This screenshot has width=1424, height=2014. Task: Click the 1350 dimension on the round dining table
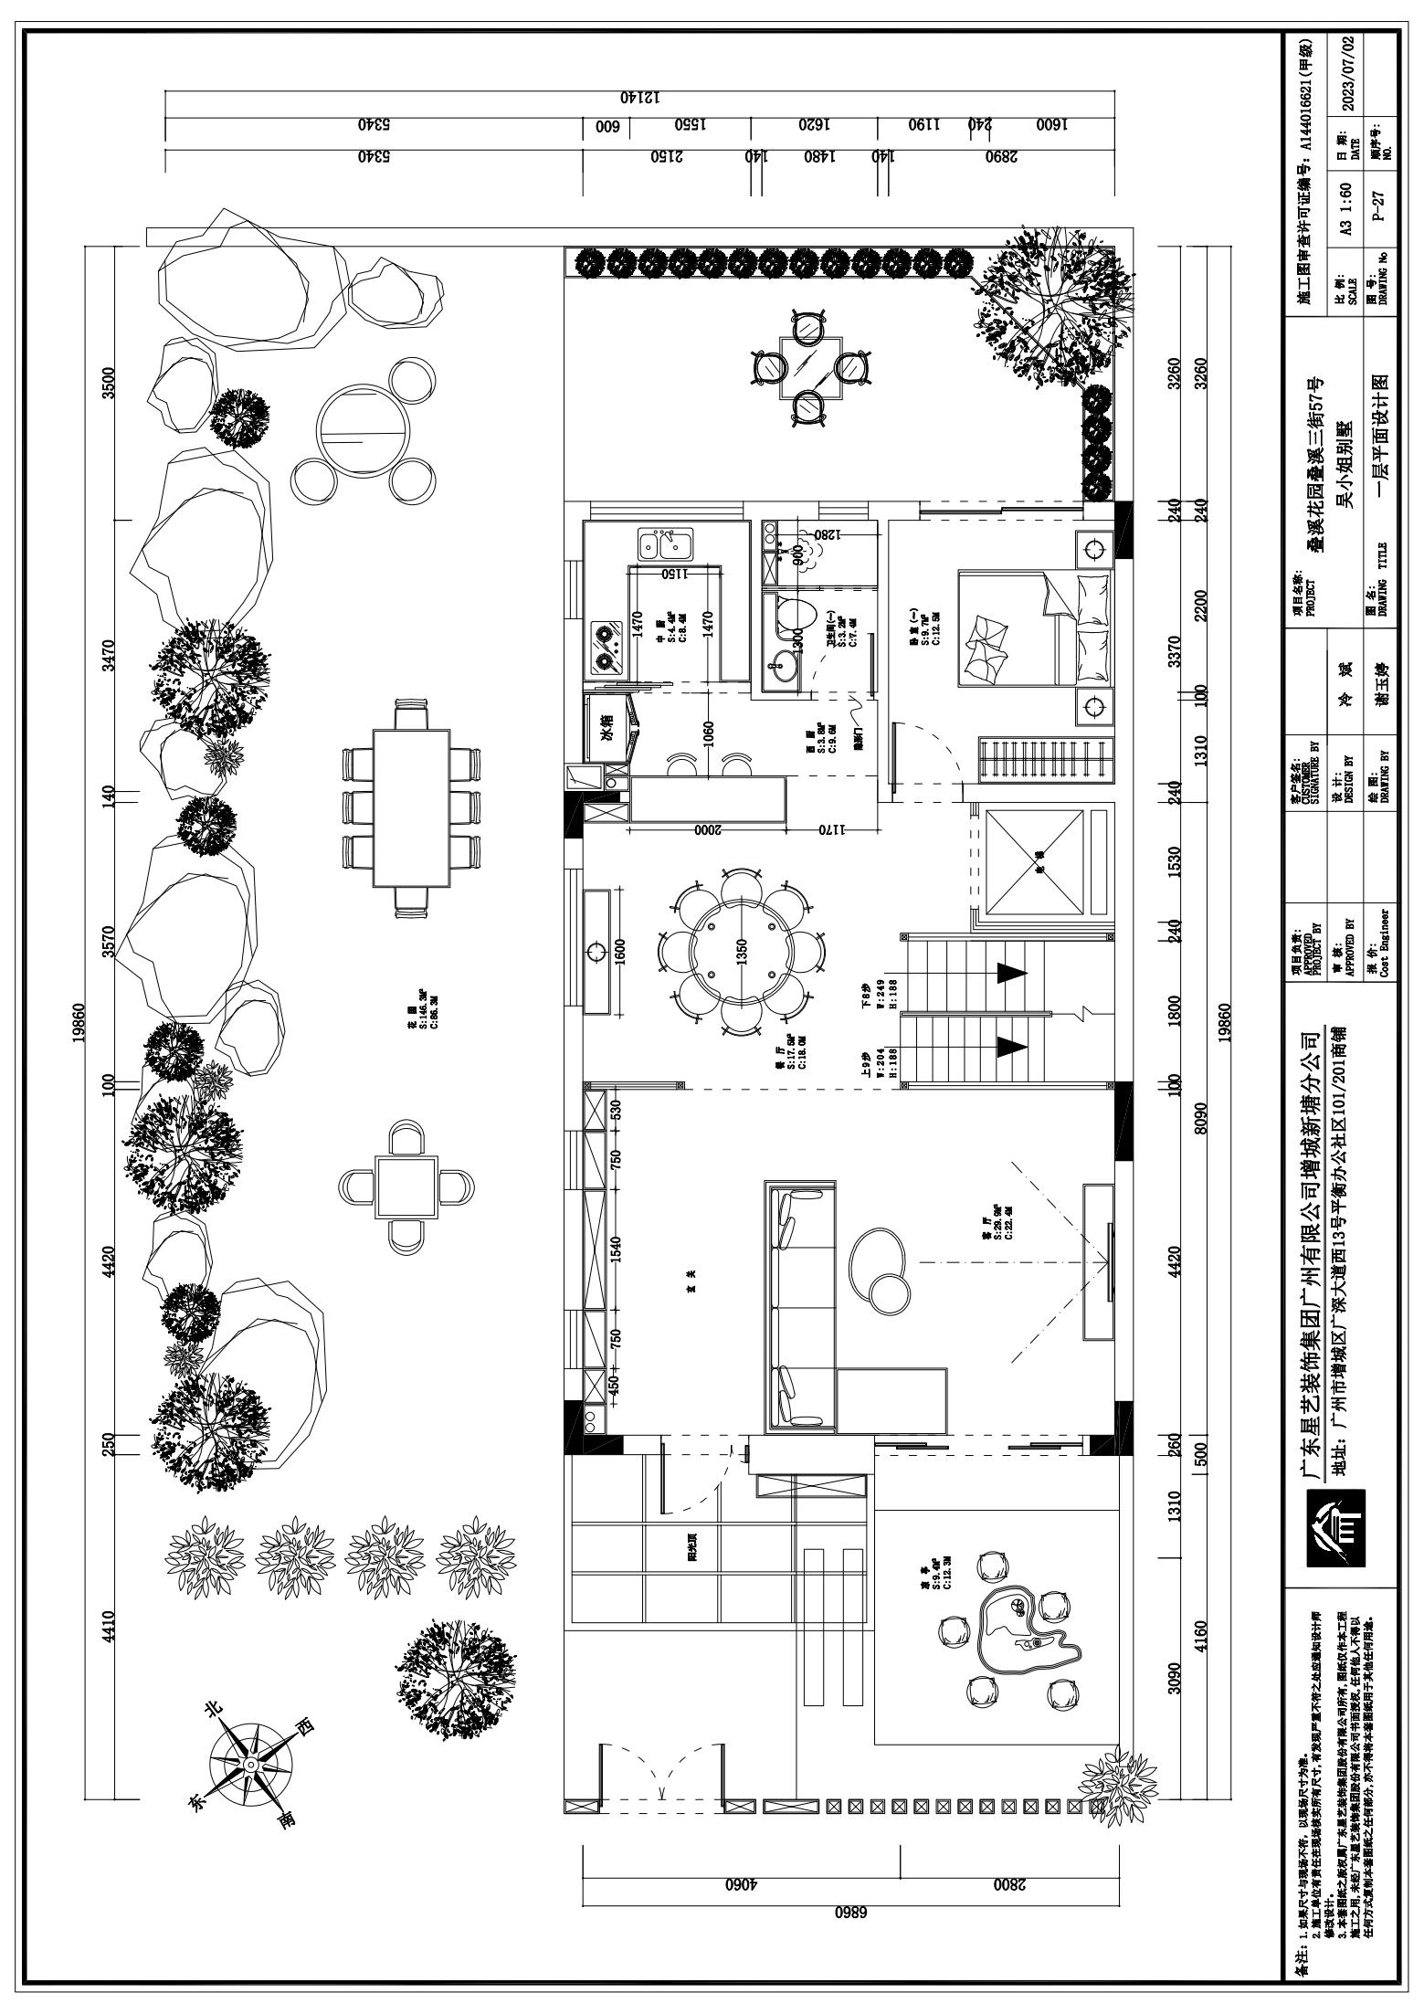tap(742, 952)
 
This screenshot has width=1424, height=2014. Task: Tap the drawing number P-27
tap(1381, 206)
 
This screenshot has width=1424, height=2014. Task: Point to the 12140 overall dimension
tap(639, 97)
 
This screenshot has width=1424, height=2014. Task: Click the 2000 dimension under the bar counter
tap(708, 831)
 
